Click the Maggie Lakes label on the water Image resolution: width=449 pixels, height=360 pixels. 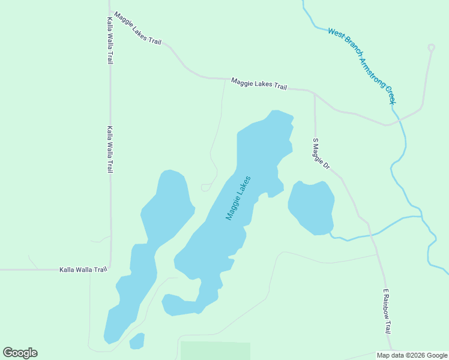pyautogui.click(x=238, y=197)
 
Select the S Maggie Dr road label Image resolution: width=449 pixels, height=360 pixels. pyautogui.click(x=321, y=153)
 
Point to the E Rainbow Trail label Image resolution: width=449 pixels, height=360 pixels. pyautogui.click(x=388, y=311)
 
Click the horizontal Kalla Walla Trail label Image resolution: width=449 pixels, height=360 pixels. pyautogui.click(x=83, y=269)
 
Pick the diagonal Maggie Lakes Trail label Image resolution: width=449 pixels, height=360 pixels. pyautogui.click(x=137, y=28)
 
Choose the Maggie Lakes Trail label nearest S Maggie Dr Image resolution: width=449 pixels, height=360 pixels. pyautogui.click(x=259, y=83)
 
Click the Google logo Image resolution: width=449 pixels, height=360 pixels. pyautogui.click(x=20, y=353)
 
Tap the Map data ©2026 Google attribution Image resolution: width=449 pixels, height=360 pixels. pyautogui.click(x=412, y=355)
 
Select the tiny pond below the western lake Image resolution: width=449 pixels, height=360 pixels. pyautogui.click(x=137, y=341)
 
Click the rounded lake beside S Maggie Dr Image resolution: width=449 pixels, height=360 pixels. pyautogui.click(x=311, y=207)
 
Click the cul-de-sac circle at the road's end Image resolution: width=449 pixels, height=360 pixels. pyautogui.click(x=431, y=47)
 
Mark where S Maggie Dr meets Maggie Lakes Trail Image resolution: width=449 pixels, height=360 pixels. pyautogui.click(x=315, y=92)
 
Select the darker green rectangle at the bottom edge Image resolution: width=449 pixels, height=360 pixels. pyautogui.click(x=215, y=351)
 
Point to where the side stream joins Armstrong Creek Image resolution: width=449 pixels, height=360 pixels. pyautogui.click(x=423, y=217)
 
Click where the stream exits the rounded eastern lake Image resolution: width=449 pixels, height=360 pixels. pyautogui.click(x=331, y=232)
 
